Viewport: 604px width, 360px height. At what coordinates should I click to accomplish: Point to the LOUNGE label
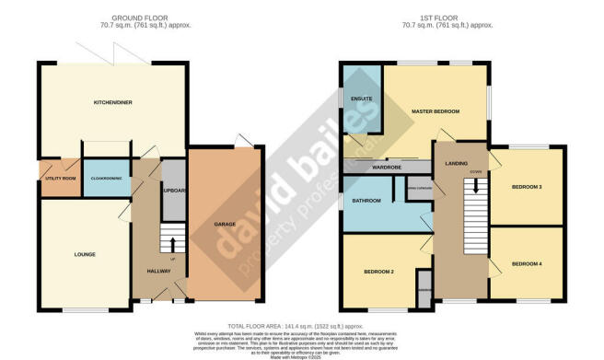click(85, 253)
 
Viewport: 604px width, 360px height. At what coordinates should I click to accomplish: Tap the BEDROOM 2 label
click(378, 272)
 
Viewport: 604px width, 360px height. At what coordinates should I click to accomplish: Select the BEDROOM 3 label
click(527, 187)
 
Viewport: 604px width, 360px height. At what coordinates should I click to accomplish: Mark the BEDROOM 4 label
click(527, 264)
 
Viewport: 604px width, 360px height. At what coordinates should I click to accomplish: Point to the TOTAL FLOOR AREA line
click(301, 326)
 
